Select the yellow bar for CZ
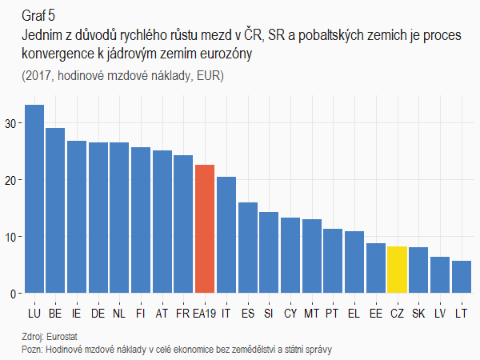click(397, 270)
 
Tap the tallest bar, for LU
click(34, 199)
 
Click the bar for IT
click(226, 235)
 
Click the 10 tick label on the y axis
click(12, 237)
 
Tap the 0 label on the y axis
click(14, 294)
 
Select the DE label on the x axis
click(98, 313)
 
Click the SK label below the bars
click(418, 313)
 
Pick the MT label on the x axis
click(312, 313)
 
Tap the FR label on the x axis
click(183, 313)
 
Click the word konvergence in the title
click(58, 53)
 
